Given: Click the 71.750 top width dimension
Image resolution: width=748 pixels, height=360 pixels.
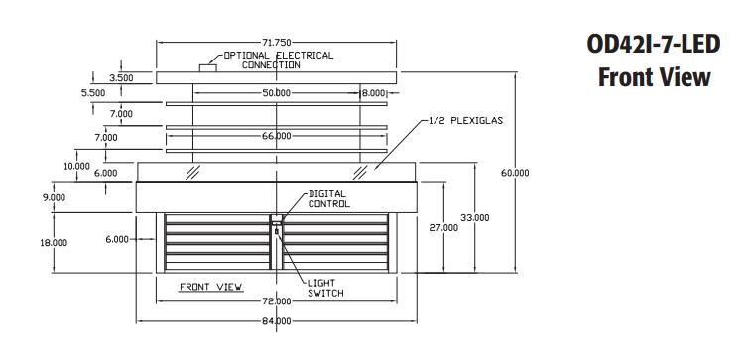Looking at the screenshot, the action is pos(277,43).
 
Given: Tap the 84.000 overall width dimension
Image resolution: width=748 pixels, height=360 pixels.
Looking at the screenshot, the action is pos(277,321).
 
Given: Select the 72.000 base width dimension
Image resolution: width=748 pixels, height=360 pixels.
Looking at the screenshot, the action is pos(277,301).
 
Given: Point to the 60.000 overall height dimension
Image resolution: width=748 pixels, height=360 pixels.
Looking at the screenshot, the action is pos(515,173).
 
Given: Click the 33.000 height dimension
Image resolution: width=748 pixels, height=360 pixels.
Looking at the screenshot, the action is pos(474,218).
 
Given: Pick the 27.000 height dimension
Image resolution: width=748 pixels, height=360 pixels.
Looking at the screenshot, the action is pos(443,228).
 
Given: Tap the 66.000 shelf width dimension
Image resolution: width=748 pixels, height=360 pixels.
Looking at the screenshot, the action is pos(277,136).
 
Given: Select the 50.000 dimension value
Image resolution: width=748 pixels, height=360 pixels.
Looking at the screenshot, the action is pos(277,93).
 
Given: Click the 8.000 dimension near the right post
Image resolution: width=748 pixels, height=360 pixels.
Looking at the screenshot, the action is pos(372,93).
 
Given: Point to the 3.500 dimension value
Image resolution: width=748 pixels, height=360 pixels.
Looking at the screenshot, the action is pos(121,78).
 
